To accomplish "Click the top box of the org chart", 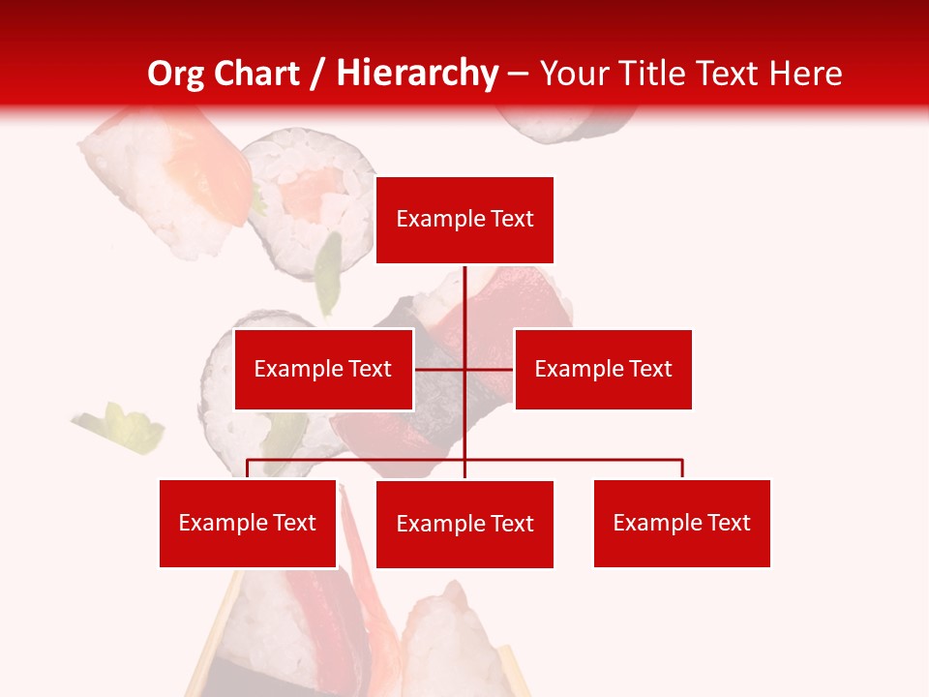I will (x=464, y=220).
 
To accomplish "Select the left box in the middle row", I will (x=323, y=369).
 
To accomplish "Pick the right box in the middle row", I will (x=603, y=369).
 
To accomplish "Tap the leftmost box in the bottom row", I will (x=248, y=523).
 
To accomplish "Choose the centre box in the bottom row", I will (x=464, y=524).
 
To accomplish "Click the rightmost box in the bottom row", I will (x=681, y=523).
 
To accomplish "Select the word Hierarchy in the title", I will (x=416, y=74).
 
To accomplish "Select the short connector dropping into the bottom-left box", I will (x=248, y=469).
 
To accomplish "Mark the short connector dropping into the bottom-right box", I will (x=682, y=469).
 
